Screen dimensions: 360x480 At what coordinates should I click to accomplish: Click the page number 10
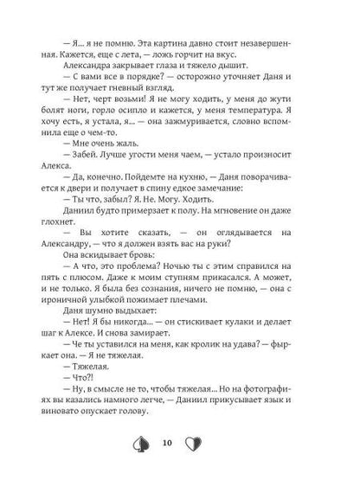(180, 445)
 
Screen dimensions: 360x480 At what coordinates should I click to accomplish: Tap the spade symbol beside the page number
(156, 445)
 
